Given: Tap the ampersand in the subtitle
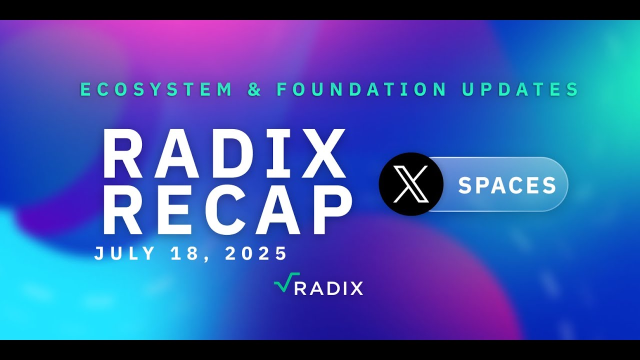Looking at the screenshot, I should (255, 89).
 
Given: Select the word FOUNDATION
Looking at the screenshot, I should (361, 89).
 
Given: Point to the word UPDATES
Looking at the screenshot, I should (520, 89).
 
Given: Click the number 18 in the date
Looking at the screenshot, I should (192, 253).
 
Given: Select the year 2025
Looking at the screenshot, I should (256, 253).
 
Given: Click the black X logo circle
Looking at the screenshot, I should (411, 184).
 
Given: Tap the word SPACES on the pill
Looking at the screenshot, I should (507, 185).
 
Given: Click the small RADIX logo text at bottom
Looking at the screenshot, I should (328, 288).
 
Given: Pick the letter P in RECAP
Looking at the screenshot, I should (327, 210).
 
